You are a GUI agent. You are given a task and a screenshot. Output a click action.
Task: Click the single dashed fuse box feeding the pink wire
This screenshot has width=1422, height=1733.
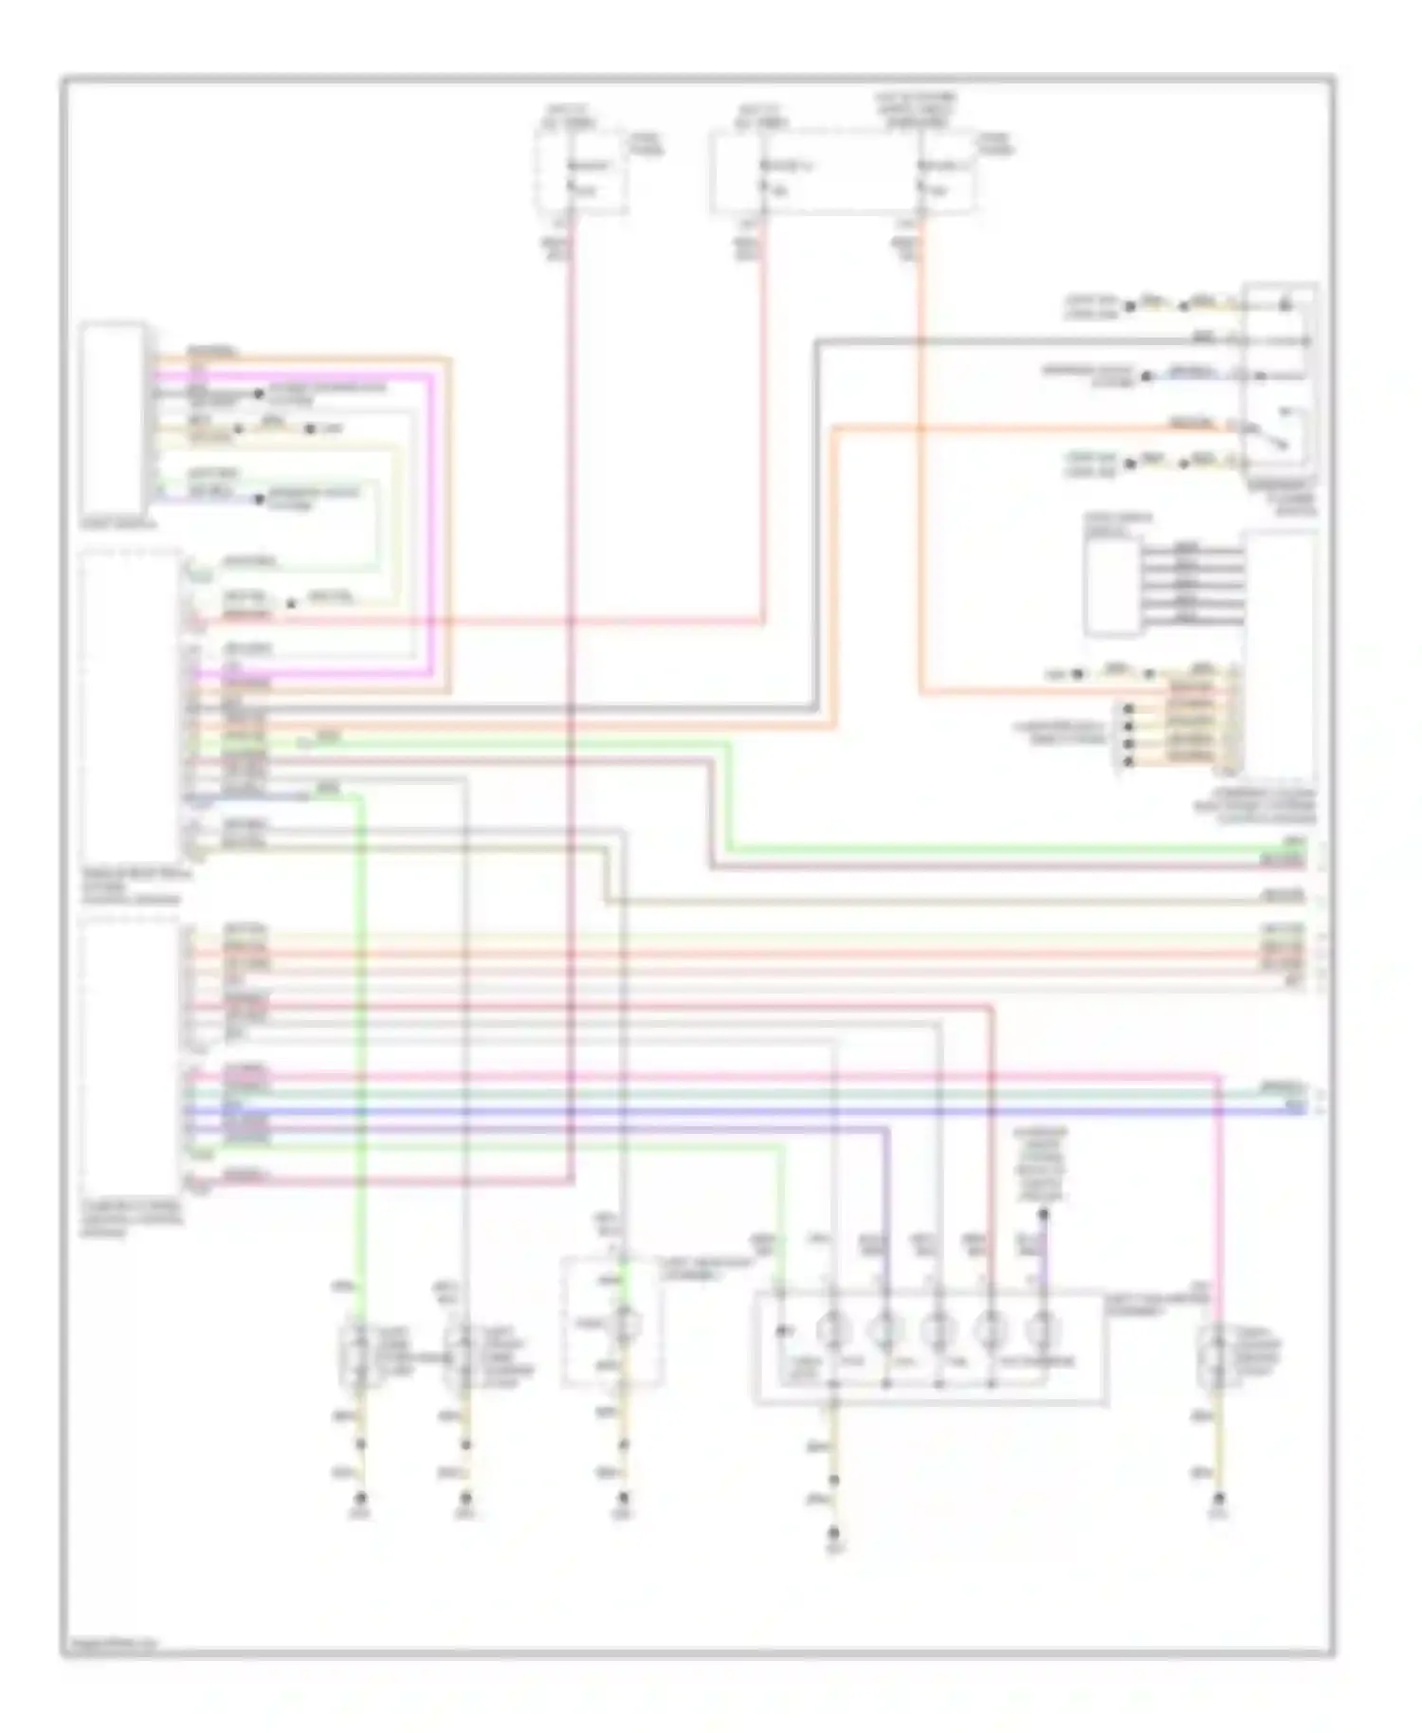pyautogui.click(x=580, y=173)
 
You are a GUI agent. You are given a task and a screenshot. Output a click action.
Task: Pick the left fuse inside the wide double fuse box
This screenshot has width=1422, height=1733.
pyautogui.click(x=764, y=175)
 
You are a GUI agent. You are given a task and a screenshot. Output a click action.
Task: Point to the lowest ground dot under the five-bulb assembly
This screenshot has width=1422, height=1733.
pyautogui.click(x=834, y=1533)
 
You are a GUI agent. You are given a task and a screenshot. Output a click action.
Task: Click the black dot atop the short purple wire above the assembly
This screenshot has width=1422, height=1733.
pyautogui.click(x=1042, y=1214)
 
